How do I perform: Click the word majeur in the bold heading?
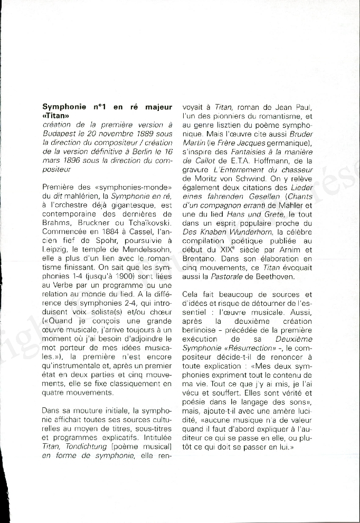click(x=157, y=107)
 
